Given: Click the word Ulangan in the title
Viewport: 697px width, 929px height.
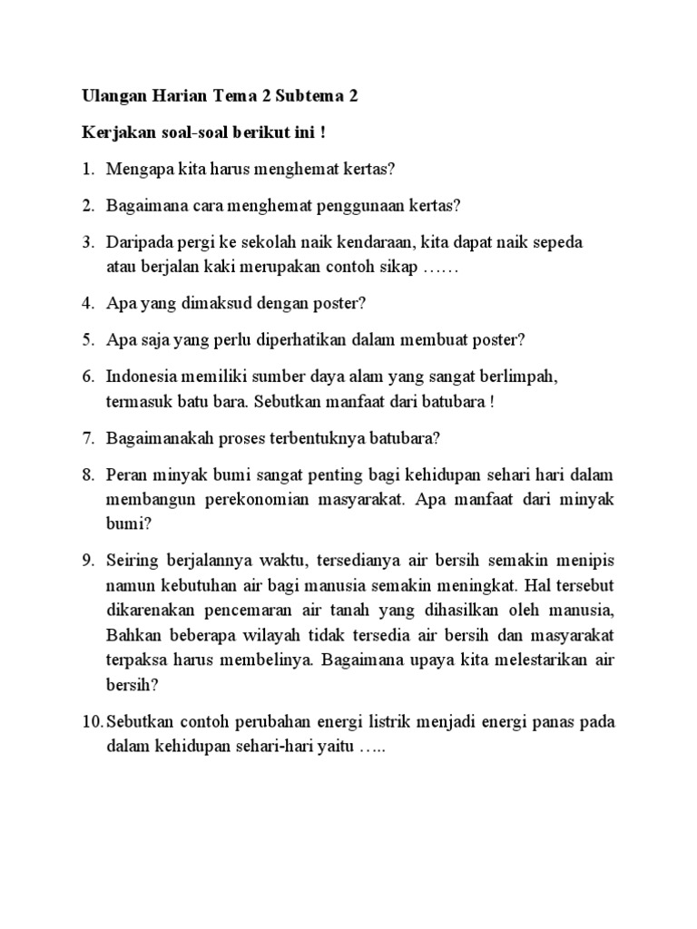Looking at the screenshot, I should (113, 96).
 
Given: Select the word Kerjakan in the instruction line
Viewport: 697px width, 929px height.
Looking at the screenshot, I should (115, 133).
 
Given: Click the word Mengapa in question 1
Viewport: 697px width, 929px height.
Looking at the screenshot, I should (137, 170).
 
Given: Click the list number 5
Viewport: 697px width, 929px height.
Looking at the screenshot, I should (88, 339).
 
